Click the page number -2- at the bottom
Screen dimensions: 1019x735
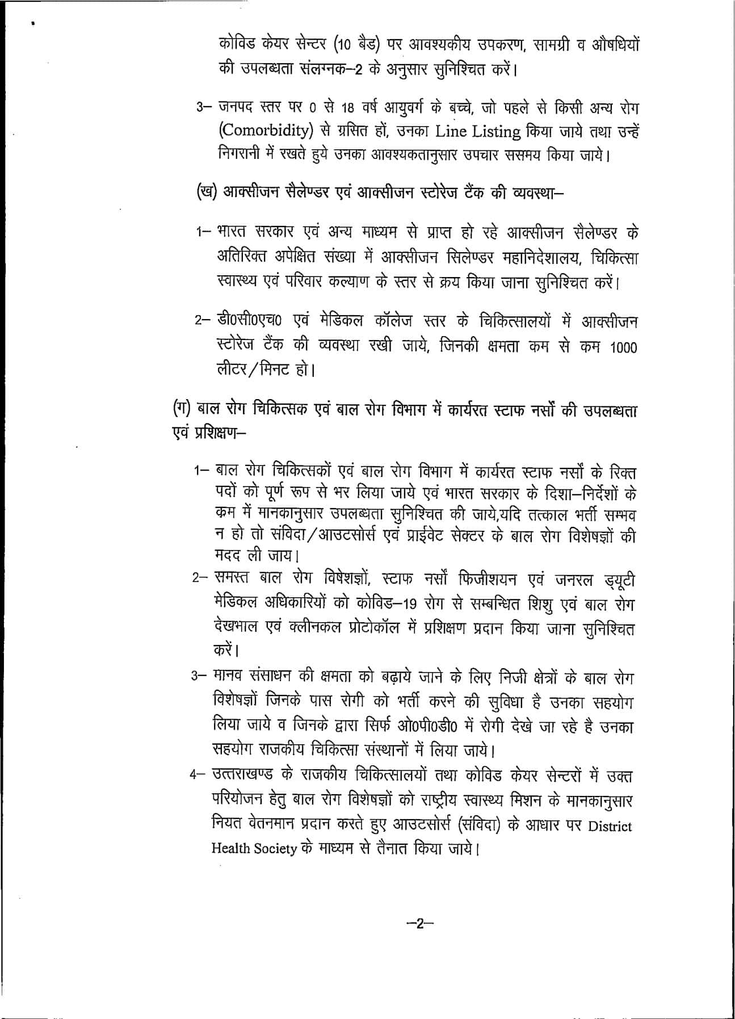419,924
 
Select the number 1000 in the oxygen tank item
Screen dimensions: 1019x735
623,347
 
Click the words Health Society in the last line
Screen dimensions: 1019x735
254,849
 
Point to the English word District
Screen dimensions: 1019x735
610,826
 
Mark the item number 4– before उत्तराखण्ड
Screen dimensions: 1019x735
200,775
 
